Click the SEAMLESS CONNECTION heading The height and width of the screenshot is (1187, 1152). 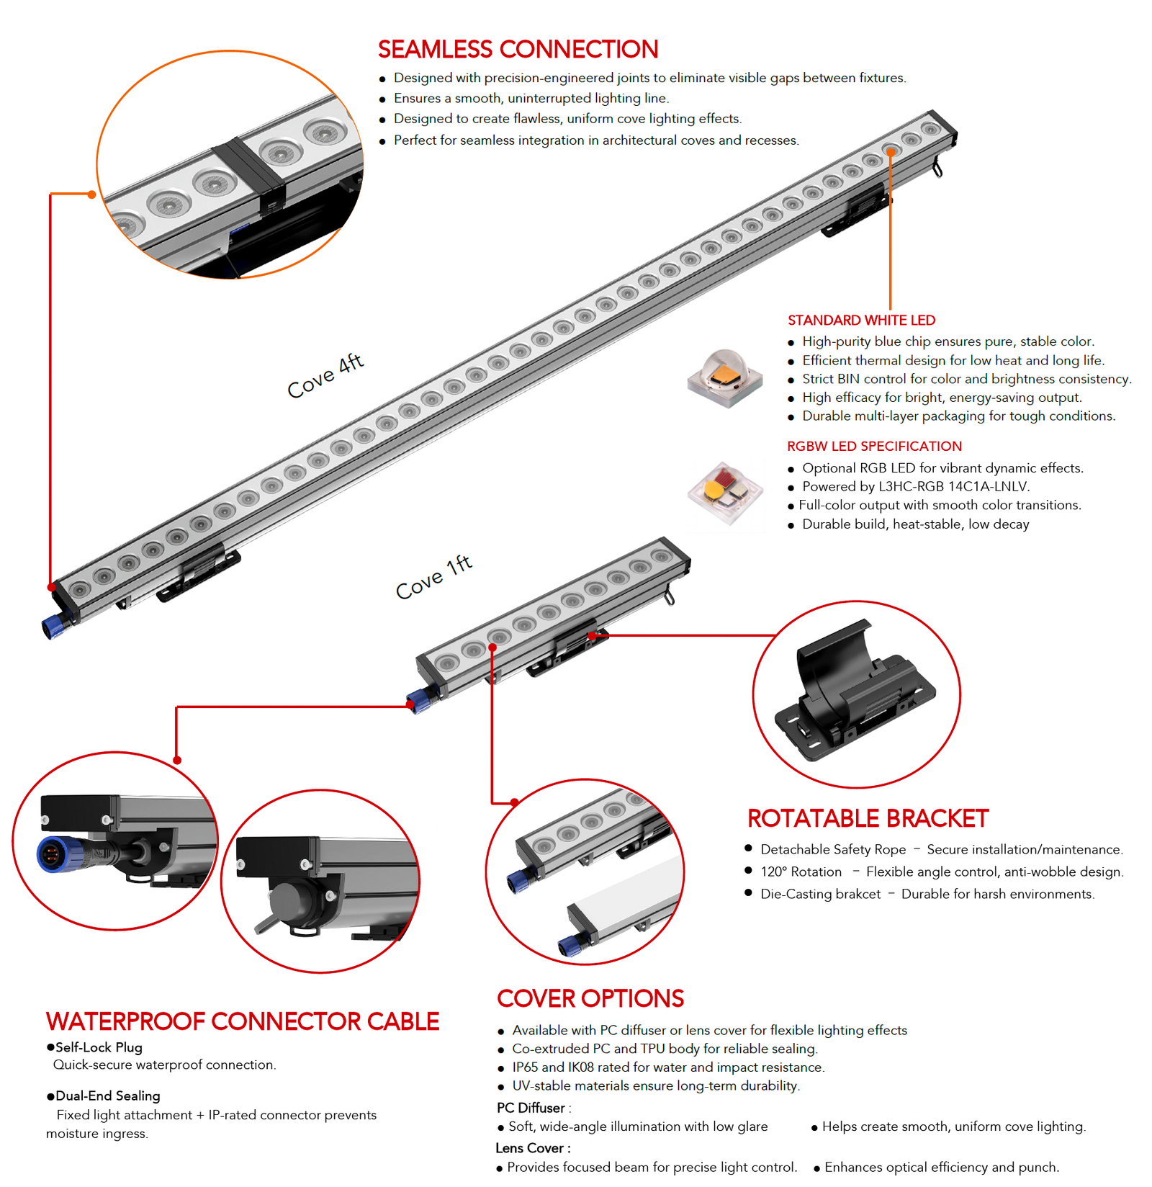(518, 50)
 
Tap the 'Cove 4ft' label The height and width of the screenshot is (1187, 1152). (325, 375)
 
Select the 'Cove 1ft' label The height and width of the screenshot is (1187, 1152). (434, 577)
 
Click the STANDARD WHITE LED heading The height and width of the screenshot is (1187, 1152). (861, 321)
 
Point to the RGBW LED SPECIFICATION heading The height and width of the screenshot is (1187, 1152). (874, 447)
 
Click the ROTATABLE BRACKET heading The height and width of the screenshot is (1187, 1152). (868, 819)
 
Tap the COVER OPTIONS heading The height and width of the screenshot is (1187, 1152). (590, 999)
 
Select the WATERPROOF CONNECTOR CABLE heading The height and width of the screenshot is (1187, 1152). (243, 1022)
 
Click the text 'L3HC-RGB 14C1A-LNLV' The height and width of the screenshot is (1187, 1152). (953, 487)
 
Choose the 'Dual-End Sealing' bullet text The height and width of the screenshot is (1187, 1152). (107, 1096)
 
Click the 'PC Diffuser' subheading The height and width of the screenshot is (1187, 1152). (531, 1108)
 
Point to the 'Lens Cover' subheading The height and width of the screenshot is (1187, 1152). (530, 1149)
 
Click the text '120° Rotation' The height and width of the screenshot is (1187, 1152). (801, 872)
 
